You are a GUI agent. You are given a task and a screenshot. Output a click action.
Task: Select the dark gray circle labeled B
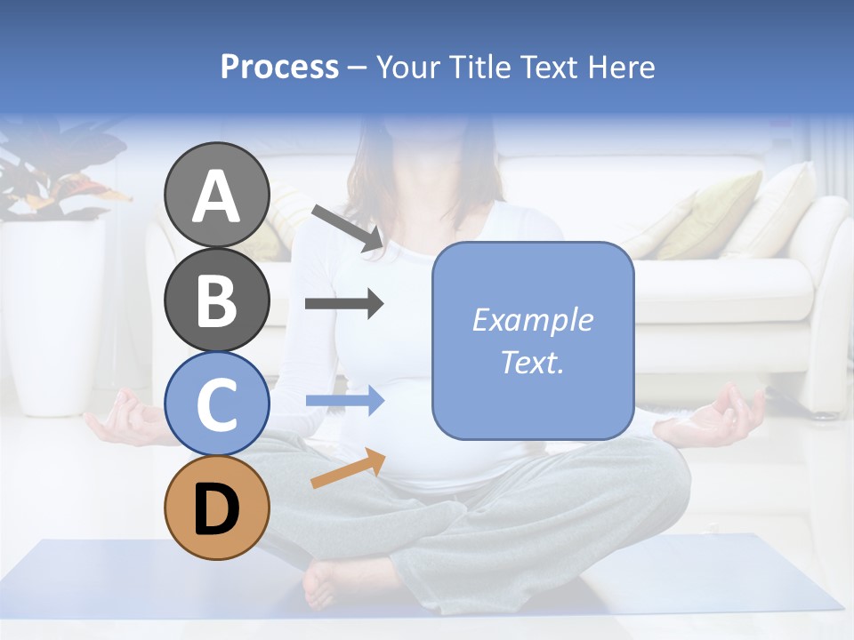[217, 300]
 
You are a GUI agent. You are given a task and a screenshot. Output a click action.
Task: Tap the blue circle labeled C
[217, 404]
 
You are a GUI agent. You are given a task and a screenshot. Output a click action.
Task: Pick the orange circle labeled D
[217, 508]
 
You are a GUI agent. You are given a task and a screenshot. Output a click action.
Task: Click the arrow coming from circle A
[347, 228]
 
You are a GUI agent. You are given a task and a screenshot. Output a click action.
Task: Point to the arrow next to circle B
[344, 304]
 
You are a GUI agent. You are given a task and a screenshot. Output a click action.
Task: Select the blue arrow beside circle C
[344, 401]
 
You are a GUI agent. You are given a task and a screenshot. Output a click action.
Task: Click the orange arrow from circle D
[348, 468]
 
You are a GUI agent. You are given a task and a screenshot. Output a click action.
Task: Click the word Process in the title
[279, 68]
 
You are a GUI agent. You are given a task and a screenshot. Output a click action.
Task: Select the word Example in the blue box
[532, 320]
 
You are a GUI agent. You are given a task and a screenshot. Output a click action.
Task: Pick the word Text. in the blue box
[532, 363]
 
